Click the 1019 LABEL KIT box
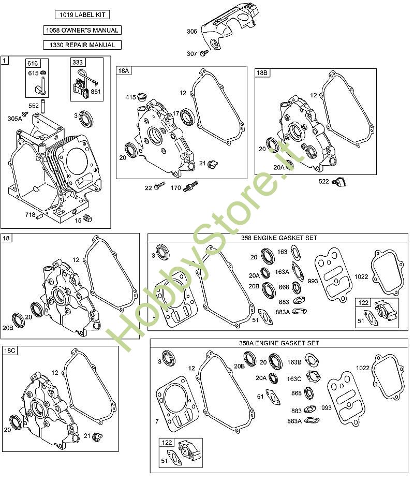click(82, 14)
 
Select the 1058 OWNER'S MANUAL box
click(82, 30)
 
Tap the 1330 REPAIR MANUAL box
click(82, 45)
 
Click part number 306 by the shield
click(191, 31)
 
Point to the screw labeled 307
click(204, 53)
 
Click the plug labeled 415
click(142, 96)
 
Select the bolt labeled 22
click(160, 185)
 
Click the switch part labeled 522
click(339, 182)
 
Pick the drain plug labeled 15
click(87, 218)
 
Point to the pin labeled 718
click(39, 216)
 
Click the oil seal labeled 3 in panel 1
click(85, 119)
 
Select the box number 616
click(33, 63)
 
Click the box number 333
click(78, 62)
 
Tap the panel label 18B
click(262, 72)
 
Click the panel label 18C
click(9, 350)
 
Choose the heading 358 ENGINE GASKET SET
click(279, 238)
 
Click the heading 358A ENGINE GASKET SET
click(279, 343)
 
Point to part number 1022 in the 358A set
click(363, 368)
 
